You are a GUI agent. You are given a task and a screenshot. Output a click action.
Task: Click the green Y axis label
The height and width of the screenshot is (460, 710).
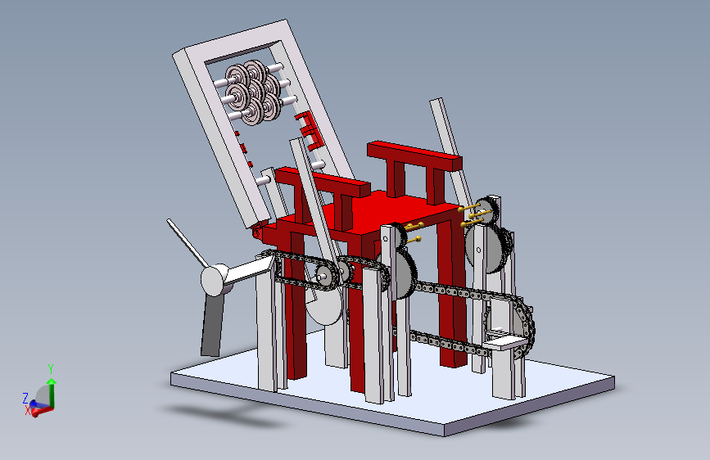(x=51, y=368)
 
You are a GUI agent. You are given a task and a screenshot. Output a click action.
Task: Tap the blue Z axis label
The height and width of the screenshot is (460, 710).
(x=25, y=398)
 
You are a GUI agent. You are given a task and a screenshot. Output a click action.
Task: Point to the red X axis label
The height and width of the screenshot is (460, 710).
(x=28, y=411)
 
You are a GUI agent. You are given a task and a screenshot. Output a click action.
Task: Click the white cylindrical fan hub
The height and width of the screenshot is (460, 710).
(x=215, y=280)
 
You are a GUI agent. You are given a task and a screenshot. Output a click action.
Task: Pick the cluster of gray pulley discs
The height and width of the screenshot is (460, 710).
(x=253, y=92)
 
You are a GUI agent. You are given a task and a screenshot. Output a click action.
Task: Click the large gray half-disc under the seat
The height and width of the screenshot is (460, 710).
(x=324, y=307)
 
